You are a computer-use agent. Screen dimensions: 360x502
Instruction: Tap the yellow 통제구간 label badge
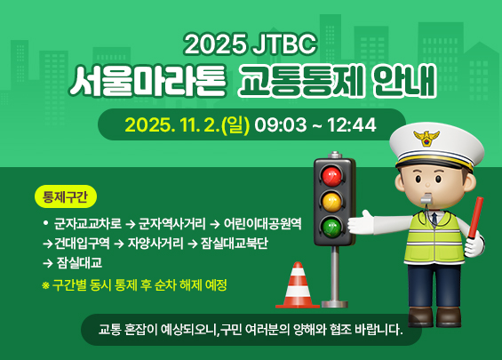pyautogui.click(x=67, y=195)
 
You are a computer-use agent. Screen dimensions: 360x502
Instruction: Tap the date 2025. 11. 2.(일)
pyautogui.click(x=187, y=124)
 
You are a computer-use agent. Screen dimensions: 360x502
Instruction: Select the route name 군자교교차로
pyautogui.click(x=88, y=223)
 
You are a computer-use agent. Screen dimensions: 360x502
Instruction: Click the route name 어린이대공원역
pyautogui.click(x=263, y=223)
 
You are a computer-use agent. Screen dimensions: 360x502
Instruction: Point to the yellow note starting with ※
pyautogui.click(x=134, y=285)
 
